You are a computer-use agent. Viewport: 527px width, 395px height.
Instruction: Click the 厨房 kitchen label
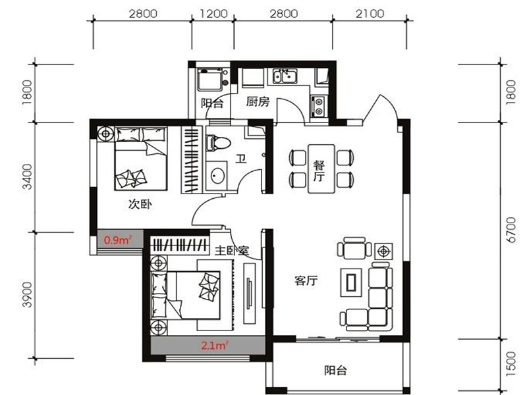[x=258, y=101]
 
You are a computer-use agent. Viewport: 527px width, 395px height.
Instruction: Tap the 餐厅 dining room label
[x=319, y=171]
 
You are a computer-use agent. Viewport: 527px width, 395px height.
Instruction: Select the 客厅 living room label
[x=306, y=280]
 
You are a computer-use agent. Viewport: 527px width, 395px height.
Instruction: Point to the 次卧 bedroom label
[x=140, y=204]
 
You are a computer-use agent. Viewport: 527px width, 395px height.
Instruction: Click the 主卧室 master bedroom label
[x=232, y=250]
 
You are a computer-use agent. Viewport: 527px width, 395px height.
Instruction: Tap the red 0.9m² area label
[x=118, y=240]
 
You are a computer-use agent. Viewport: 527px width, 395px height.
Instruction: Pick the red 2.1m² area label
[x=215, y=345]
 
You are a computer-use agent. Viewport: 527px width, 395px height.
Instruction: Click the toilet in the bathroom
[x=218, y=143]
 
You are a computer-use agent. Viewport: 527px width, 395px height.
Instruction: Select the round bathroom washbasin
[x=217, y=176]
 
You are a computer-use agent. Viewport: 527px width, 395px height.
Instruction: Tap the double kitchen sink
[x=285, y=76]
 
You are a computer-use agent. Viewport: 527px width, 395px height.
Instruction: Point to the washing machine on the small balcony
[x=210, y=79]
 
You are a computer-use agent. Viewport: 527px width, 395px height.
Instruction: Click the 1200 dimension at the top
[x=213, y=14]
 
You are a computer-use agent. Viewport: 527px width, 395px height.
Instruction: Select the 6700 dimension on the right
[x=511, y=230]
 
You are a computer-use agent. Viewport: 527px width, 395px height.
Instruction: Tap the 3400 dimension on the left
[x=28, y=176]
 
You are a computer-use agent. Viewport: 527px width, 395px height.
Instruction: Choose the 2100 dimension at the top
[x=370, y=14]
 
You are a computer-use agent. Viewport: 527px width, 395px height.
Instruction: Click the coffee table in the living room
[x=351, y=282]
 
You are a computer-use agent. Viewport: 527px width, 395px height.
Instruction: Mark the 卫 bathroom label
[x=240, y=158]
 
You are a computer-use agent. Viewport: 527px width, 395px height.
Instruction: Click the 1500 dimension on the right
[x=511, y=364]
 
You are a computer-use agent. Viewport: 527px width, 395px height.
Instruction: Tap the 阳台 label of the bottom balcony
[x=335, y=371]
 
